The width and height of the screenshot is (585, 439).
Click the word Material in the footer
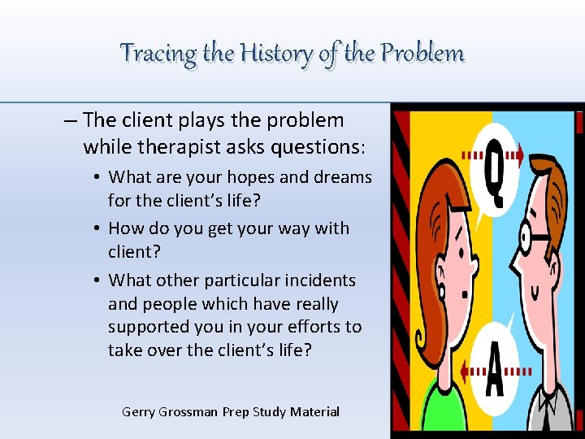pos(314,411)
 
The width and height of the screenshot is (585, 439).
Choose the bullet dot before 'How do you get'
pos(96,229)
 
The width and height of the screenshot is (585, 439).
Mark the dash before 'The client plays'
pos(70,120)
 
